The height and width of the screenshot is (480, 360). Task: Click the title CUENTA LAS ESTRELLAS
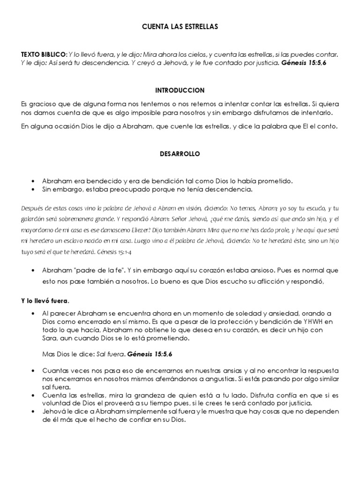coord(180,28)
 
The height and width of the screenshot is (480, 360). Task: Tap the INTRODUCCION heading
coord(180,90)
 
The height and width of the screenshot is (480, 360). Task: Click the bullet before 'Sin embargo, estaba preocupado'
coord(32,189)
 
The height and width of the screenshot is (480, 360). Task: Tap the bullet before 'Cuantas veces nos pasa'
coord(32,370)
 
